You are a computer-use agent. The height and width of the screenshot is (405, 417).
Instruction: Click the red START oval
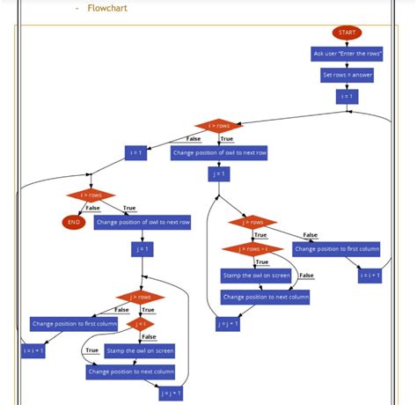point(347,33)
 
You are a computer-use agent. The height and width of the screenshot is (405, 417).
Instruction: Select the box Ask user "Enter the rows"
point(347,54)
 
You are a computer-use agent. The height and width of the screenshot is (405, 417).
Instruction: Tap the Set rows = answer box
point(347,75)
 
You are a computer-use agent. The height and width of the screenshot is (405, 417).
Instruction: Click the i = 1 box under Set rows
point(347,96)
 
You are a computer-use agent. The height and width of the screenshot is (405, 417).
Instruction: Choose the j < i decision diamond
point(139,324)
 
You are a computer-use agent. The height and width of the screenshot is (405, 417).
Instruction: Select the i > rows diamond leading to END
point(91,195)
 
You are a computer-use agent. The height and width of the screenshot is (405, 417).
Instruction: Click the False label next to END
point(91,208)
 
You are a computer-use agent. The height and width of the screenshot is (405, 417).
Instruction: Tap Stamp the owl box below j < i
point(139,350)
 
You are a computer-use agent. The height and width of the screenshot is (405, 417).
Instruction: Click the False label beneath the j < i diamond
point(149,337)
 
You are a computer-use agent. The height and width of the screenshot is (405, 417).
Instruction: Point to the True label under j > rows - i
point(261,261)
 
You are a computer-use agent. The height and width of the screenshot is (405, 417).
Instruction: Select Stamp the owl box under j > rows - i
point(256,276)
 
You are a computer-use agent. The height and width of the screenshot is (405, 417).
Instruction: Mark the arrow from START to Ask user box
point(347,43)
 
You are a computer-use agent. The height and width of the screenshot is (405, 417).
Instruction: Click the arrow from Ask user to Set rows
point(347,64)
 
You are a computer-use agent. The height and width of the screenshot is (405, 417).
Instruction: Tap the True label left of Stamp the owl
point(91,350)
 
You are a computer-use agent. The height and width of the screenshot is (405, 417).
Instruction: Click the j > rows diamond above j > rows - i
point(252,222)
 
